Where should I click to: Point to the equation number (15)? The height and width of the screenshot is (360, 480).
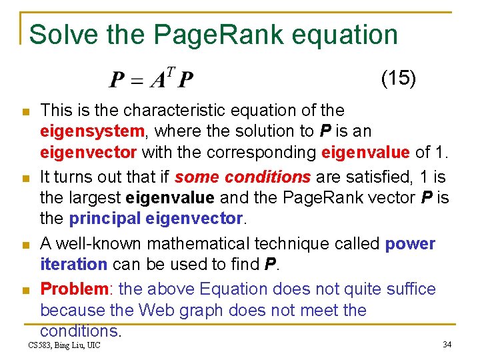coord(399,78)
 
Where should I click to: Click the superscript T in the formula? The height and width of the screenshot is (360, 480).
coord(171,73)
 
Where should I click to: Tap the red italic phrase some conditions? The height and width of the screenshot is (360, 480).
coord(242,177)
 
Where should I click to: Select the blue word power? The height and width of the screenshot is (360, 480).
coord(410,244)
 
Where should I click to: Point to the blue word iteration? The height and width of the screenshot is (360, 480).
coord(73,265)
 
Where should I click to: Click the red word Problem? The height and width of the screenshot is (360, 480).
coord(74,289)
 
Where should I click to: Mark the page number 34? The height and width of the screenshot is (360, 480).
coord(447,345)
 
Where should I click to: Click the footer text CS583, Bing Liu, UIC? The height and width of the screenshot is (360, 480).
coord(64,345)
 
